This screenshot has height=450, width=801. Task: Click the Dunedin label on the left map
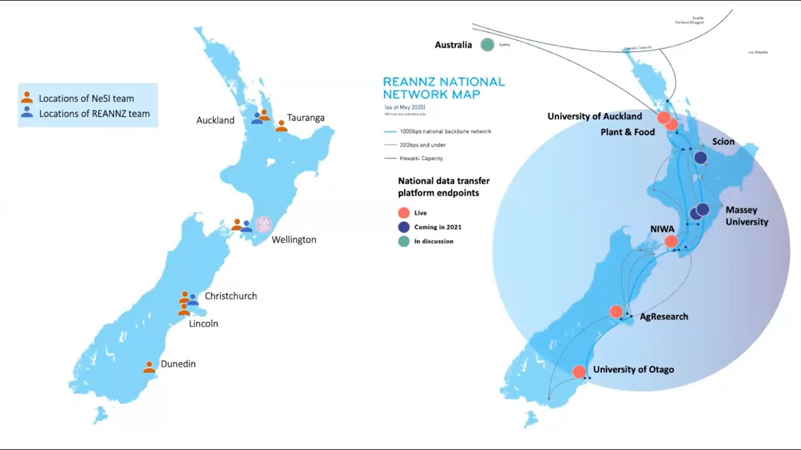tap(178, 364)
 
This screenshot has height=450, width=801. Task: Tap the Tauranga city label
tap(305, 117)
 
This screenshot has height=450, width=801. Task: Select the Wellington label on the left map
tap(293, 239)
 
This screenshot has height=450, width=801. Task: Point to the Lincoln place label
tap(203, 324)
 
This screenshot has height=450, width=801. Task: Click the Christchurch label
tap(230, 296)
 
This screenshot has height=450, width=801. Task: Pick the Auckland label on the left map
tap(215, 120)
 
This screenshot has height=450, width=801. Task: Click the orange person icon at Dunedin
tap(149, 367)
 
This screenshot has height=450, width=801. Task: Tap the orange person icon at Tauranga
tap(282, 126)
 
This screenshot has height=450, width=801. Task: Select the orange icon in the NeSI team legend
tap(27, 97)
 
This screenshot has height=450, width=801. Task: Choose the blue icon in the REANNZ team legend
tap(27, 112)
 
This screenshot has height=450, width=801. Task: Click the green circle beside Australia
tap(487, 44)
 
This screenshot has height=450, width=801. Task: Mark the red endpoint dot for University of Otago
tap(579, 372)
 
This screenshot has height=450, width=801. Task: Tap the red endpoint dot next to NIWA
tap(671, 241)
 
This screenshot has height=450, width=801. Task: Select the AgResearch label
tap(663, 317)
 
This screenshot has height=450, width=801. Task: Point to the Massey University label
tap(747, 216)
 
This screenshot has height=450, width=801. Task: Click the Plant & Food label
tap(627, 132)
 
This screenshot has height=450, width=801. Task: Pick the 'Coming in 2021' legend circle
tap(404, 227)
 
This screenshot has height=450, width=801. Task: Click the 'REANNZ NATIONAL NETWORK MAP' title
tap(444, 88)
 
